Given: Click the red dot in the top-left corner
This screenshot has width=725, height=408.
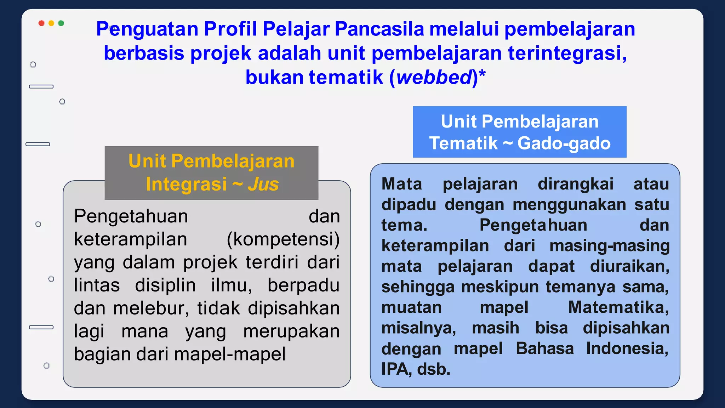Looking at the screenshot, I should [x=41, y=23].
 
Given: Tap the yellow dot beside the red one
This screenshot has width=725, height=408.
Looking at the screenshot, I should [x=51, y=23].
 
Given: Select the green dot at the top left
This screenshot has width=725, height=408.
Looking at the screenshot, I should [x=61, y=23].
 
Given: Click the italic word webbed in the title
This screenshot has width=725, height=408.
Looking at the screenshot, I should [x=434, y=77].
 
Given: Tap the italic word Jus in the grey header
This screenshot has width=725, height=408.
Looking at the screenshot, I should [x=263, y=184].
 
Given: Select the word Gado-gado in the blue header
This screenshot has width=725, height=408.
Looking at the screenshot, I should [x=564, y=143].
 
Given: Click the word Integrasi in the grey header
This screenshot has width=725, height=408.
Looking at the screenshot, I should [x=186, y=184].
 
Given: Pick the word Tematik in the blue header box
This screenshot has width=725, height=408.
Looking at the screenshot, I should [x=463, y=143].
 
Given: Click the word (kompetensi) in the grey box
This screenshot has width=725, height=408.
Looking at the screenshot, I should [x=283, y=239].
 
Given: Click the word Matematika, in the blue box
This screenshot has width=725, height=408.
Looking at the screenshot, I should [x=618, y=307].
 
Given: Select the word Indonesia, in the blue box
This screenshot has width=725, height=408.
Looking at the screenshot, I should [x=627, y=348].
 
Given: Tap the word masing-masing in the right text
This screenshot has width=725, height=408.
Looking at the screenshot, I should [x=609, y=246].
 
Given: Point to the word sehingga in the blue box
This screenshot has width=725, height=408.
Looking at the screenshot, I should [x=418, y=287].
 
